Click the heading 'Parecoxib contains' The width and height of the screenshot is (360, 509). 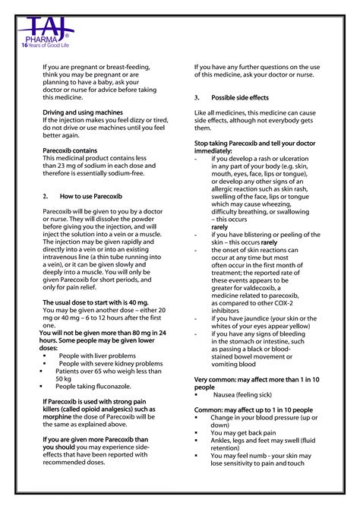tap(70, 150)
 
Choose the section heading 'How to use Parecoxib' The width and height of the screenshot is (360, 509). tap(92, 196)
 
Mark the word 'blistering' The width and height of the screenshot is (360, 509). tap(261, 235)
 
